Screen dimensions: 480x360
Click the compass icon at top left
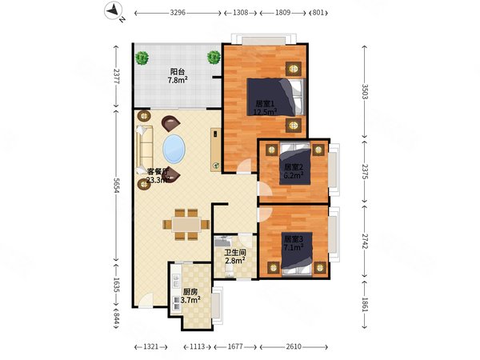point(113,11)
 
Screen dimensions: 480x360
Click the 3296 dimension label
point(178,13)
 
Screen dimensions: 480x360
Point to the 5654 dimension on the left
point(116,186)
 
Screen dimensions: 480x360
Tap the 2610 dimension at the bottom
point(294,346)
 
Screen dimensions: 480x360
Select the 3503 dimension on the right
point(364,92)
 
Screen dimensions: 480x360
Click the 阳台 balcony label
point(178,72)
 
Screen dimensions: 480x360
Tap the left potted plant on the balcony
point(142,58)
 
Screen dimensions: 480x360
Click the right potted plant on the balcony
point(214,58)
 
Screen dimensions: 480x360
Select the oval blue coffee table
point(174,149)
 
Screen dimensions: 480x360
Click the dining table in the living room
point(186,224)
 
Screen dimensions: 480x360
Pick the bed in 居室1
point(277,97)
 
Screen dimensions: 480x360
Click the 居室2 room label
point(294,167)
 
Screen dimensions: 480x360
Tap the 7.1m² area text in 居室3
point(294,247)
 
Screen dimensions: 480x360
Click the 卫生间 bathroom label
point(235,253)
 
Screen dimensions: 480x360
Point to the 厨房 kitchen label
point(190,291)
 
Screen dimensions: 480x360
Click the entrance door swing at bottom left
point(146,300)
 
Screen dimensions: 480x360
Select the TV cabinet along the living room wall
point(215,150)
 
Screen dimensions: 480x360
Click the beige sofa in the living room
point(145,150)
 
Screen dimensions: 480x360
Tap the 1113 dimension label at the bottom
point(197,346)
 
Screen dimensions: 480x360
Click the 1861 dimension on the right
point(364,305)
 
